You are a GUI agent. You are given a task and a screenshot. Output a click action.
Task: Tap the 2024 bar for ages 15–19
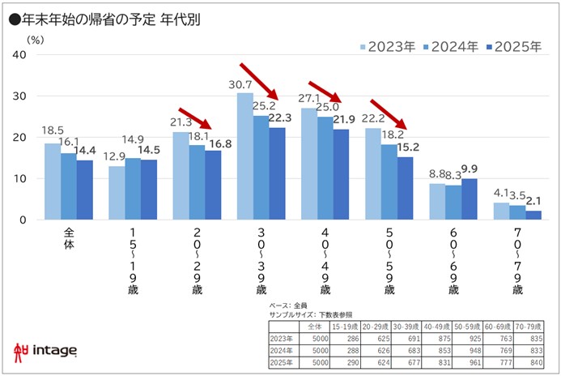coord(133,189)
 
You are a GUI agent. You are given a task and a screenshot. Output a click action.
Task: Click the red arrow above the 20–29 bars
coord(195,117)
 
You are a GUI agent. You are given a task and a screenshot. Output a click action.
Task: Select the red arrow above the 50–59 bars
coord(388,113)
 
